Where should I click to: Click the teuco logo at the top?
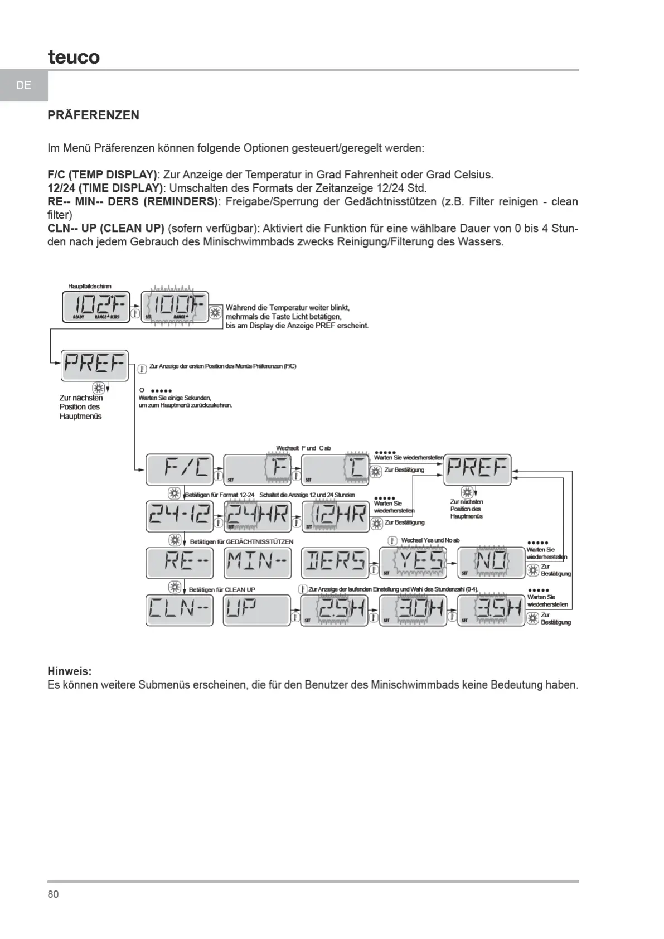point(74,57)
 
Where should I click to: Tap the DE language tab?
point(23,85)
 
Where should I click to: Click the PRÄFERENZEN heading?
point(93,115)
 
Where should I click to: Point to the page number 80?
point(53,894)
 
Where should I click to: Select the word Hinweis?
point(69,671)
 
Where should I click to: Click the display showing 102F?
point(96,307)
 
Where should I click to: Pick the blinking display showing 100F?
point(175,307)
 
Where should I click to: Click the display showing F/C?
point(180,469)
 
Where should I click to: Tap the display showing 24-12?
point(180,516)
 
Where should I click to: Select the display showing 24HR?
point(258,516)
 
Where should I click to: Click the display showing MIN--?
point(258,563)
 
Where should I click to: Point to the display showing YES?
point(413,563)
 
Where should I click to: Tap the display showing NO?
point(491,563)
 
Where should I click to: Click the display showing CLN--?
point(180,611)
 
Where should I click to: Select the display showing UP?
point(258,611)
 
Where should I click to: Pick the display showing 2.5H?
point(335,611)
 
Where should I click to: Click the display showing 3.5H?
point(491,611)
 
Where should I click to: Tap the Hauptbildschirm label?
point(90,287)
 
